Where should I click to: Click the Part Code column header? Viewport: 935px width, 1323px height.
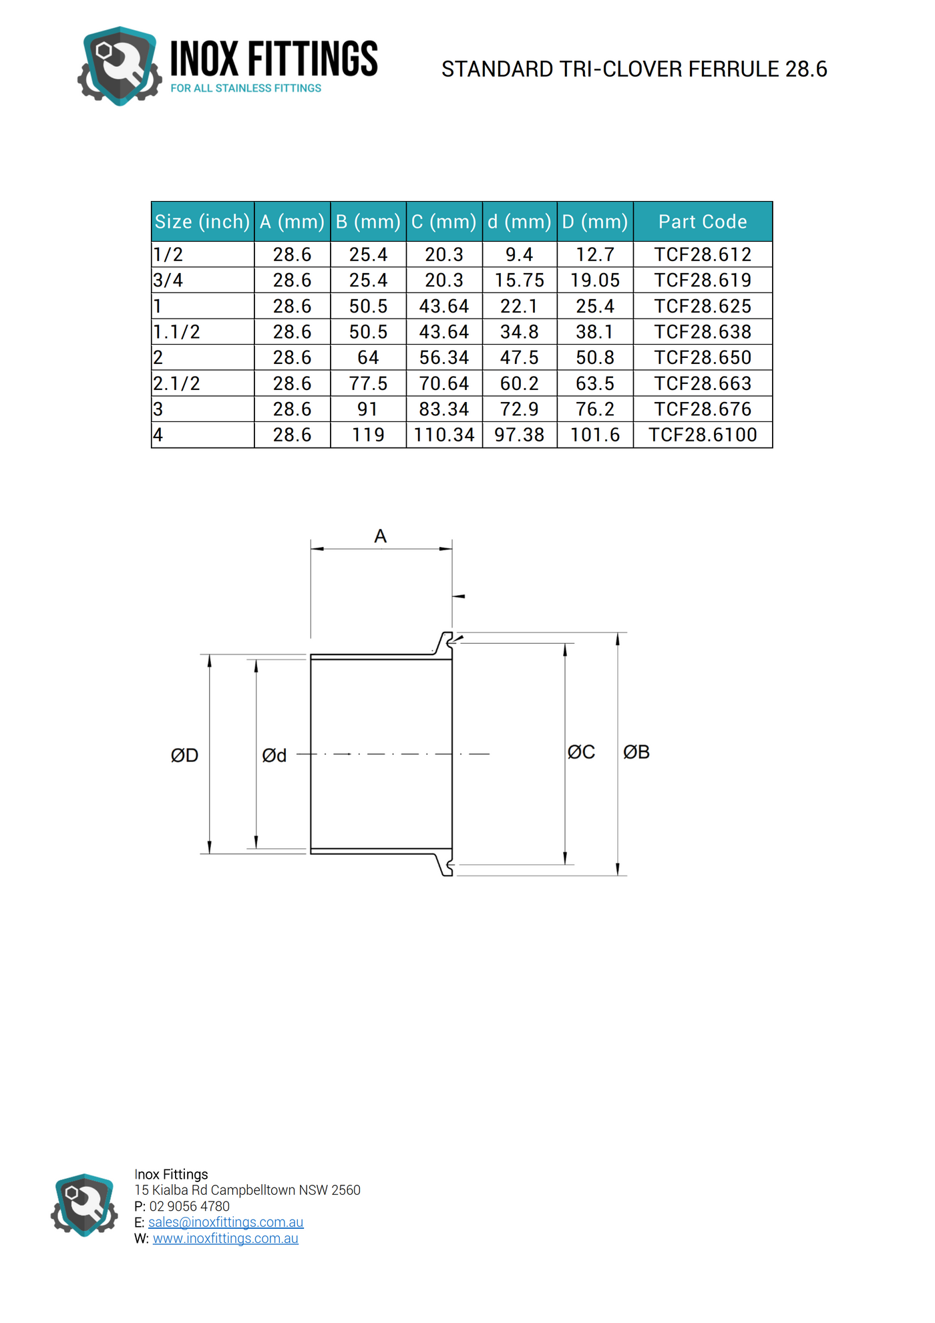pos(702,222)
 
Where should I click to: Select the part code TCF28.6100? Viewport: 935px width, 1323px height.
pos(702,435)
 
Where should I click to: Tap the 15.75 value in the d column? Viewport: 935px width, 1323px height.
pos(519,280)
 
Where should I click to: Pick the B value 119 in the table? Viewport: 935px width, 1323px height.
pos(368,435)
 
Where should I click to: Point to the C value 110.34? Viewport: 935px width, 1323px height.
pos(444,435)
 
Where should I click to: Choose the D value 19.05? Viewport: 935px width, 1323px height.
pos(594,280)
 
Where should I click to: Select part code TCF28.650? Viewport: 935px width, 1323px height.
pos(702,358)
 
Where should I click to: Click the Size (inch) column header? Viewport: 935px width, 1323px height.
pos(202,222)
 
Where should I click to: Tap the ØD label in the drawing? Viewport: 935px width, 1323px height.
pos(184,755)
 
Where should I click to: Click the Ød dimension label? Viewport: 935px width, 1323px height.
pos(274,755)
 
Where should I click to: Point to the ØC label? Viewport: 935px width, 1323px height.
pos(581,752)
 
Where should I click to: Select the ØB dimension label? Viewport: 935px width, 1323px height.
pos(636,752)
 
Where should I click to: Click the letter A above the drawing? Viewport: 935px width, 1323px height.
pos(380,536)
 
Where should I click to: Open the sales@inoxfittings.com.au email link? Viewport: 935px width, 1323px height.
pos(226,1221)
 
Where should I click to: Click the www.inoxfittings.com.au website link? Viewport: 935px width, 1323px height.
pos(226,1238)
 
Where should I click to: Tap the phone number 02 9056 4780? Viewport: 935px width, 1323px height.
pos(189,1206)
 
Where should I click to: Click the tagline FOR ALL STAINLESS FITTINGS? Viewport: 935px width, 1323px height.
pos(246,88)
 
